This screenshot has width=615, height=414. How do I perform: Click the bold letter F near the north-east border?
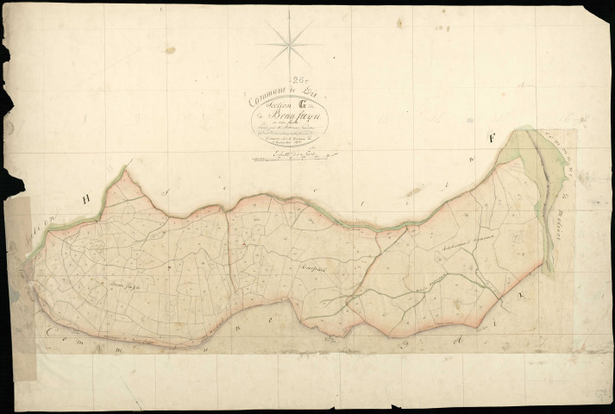(492, 137)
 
